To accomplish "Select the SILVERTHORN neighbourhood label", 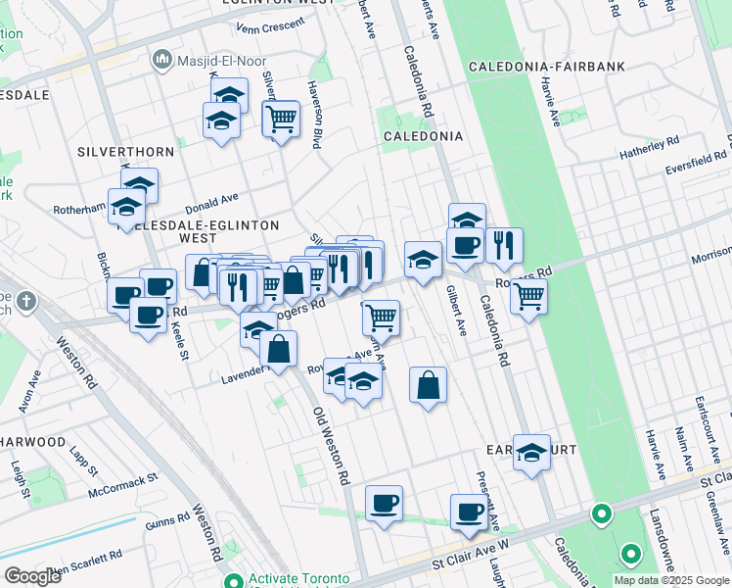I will [125, 152].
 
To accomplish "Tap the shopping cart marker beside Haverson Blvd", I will [281, 120].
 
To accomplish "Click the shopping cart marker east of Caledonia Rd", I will [528, 294].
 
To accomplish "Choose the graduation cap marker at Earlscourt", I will [531, 452].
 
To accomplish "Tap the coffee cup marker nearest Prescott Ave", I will [469, 511].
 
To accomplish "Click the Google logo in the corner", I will [32, 575].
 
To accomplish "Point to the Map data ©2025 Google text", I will [671, 580].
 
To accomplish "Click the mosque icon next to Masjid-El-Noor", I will [160, 61].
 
